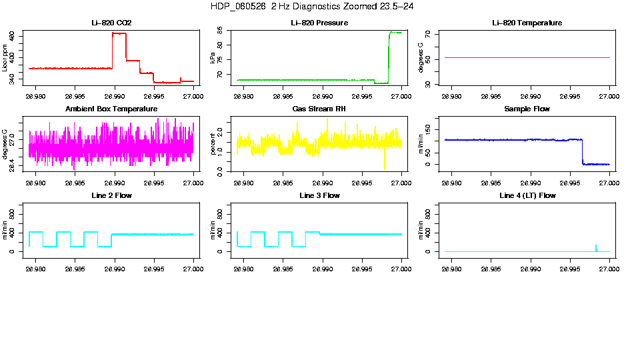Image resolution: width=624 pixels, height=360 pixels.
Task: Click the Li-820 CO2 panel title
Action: pos(111,23)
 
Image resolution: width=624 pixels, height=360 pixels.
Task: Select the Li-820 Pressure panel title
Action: pos(319,23)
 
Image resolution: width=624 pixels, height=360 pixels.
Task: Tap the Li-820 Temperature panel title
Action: pos(527,23)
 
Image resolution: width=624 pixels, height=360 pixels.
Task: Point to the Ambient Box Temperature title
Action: pos(111,109)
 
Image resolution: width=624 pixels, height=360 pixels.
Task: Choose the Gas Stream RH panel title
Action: pos(319,109)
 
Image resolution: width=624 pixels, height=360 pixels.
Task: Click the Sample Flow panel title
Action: pos(527,109)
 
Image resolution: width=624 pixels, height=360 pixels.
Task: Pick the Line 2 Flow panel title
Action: pos(111,195)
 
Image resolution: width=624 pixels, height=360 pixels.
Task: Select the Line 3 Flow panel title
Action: pos(319,195)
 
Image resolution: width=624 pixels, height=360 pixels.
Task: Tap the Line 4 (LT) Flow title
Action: pos(527,195)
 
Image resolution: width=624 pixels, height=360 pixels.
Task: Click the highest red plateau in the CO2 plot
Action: pos(119,33)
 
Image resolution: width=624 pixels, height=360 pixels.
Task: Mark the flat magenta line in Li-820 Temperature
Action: pos(527,58)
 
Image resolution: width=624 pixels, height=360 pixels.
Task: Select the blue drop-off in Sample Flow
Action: pos(582,152)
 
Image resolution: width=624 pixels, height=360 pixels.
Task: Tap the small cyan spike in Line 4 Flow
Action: pos(595,247)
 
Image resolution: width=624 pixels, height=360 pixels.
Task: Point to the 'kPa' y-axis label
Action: pos(213,59)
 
